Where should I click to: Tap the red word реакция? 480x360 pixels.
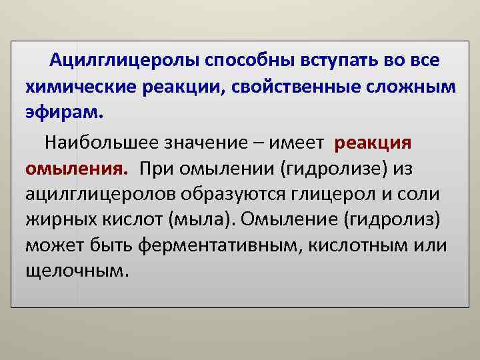point(373,142)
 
